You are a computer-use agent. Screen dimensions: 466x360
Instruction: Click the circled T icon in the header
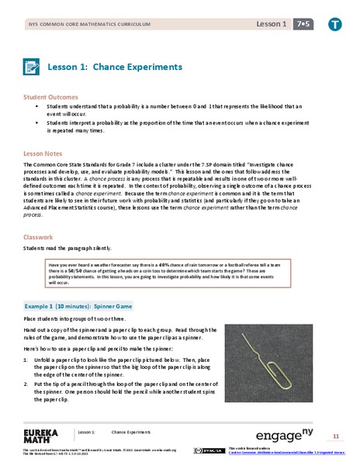point(334,25)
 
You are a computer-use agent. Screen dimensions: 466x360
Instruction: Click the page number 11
point(335,436)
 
